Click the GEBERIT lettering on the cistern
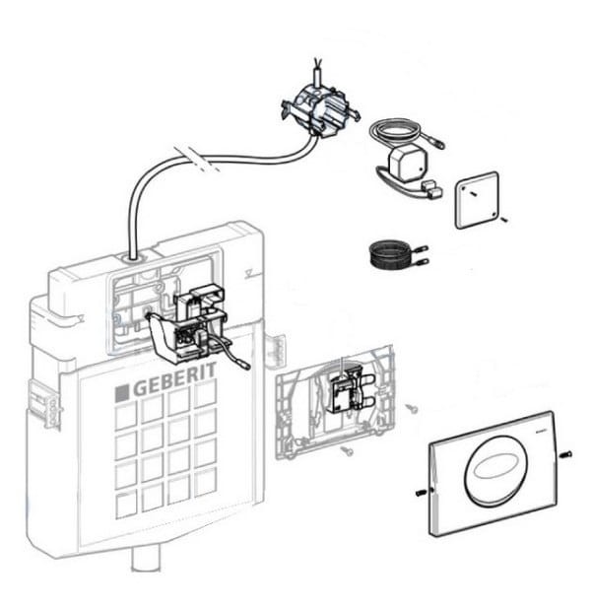[172, 387]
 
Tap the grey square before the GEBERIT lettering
[122, 392]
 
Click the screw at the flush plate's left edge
[421, 491]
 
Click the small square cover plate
[477, 200]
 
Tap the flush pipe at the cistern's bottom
[145, 559]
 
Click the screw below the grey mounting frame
[347, 449]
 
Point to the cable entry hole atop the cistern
[132, 258]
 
